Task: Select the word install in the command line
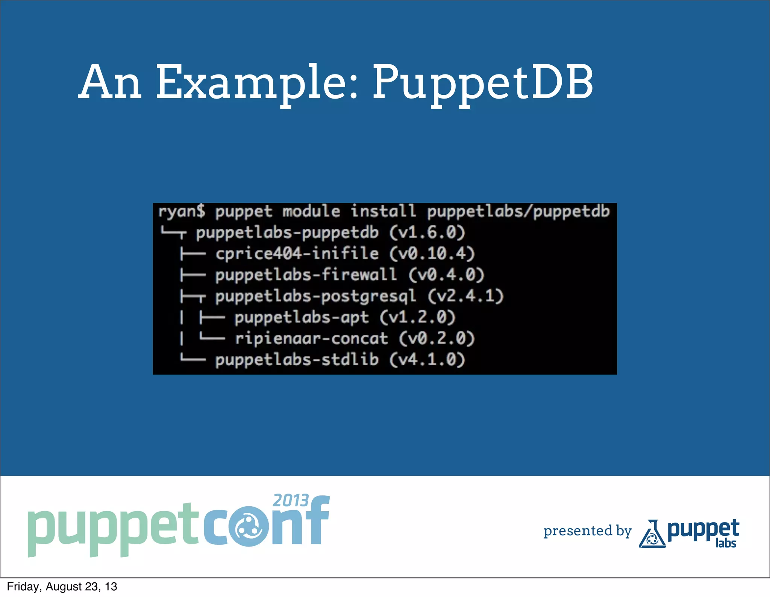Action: (x=383, y=211)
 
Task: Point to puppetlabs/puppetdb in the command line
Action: (x=518, y=211)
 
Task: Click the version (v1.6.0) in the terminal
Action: (x=427, y=232)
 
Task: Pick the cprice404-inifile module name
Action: (x=297, y=254)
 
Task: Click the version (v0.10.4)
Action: (x=432, y=254)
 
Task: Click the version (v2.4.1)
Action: (x=465, y=296)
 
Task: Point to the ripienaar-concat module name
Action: (x=311, y=339)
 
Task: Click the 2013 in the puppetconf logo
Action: (x=291, y=501)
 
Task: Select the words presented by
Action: (x=587, y=531)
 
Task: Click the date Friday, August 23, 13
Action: (x=62, y=586)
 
